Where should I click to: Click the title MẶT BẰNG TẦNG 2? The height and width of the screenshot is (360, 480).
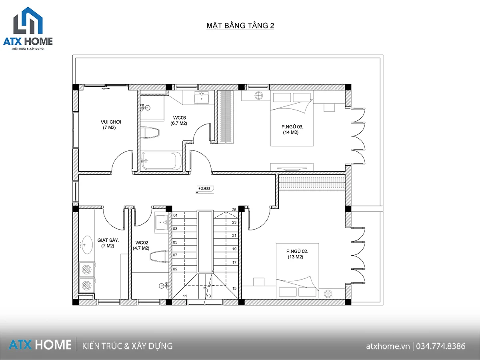[x=240, y=25]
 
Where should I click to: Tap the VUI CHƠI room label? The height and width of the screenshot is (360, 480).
[x=111, y=122]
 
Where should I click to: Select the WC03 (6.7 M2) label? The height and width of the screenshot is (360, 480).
[x=179, y=120]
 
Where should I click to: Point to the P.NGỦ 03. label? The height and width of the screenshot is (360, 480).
[x=292, y=127]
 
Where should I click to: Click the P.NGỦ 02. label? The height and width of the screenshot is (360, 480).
[x=297, y=251]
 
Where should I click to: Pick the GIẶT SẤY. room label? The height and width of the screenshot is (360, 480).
[x=108, y=240]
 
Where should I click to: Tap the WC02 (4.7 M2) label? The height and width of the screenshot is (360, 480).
[x=141, y=246]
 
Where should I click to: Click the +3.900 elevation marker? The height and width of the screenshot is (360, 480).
[x=205, y=189]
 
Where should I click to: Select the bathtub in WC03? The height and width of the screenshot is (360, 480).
[x=161, y=161]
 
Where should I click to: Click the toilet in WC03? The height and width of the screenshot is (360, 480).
[x=150, y=132]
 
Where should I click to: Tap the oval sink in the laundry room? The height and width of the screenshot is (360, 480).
[x=86, y=245]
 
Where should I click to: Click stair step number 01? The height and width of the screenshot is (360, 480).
[x=175, y=216]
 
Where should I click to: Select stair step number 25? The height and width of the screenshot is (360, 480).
[x=234, y=210]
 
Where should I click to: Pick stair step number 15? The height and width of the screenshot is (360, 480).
[x=234, y=288]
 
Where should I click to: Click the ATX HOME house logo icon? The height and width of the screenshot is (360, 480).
[x=28, y=20]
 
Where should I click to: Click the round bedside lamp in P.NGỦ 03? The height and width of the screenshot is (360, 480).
[x=259, y=96]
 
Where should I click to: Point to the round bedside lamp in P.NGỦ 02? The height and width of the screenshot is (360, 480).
[x=328, y=294]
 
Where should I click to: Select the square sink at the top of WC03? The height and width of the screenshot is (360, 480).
[x=202, y=98]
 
